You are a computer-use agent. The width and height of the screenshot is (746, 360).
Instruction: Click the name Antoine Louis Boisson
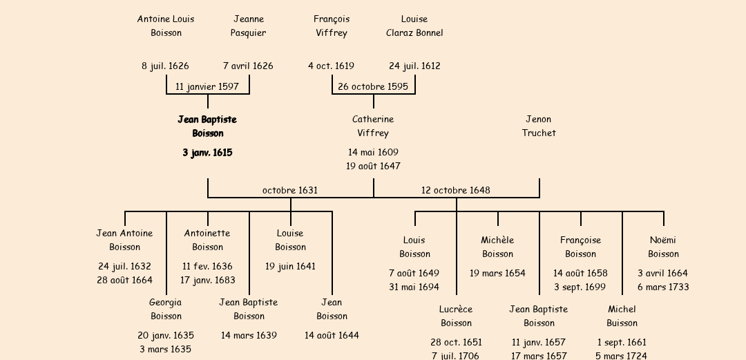[166, 26]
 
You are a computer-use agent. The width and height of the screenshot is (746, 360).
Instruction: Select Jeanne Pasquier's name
[249, 26]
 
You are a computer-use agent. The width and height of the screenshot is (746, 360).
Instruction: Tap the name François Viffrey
[332, 26]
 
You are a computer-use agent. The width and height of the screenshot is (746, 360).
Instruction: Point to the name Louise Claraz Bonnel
[414, 26]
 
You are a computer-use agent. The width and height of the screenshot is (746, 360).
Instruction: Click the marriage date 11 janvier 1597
[207, 86]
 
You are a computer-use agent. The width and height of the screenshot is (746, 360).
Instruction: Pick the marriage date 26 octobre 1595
[373, 86]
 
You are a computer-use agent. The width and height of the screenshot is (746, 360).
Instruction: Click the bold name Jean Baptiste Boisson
[207, 126]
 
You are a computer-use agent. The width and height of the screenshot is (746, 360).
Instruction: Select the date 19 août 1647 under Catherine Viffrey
[373, 166]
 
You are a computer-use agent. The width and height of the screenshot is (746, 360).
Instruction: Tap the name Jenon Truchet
[539, 126]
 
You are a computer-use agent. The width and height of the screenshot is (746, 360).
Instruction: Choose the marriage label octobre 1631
[290, 190]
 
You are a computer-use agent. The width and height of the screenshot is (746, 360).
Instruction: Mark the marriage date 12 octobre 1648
[456, 190]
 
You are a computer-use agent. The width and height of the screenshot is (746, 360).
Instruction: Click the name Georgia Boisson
[166, 309]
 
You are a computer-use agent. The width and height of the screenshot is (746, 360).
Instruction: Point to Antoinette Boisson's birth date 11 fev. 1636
[207, 266]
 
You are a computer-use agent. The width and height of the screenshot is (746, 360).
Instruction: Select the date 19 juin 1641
[290, 266]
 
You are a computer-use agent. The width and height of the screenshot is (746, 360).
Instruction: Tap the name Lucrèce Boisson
[456, 316]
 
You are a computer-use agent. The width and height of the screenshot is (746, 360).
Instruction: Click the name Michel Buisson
[622, 316]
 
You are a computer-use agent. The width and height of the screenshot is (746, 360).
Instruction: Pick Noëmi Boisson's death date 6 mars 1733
[663, 287]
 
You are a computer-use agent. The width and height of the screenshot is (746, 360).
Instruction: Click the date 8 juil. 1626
[165, 66]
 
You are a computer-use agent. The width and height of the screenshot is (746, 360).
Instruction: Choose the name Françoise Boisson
[580, 247]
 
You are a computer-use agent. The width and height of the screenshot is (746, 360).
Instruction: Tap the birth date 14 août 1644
[332, 335]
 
